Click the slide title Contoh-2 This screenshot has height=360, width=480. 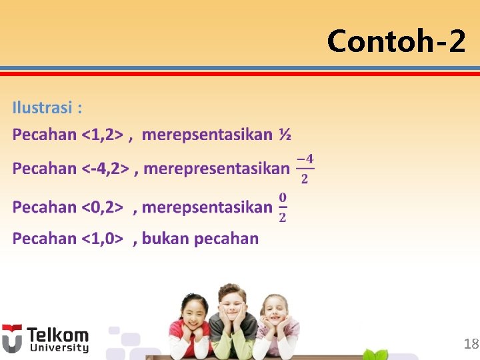point(396,41)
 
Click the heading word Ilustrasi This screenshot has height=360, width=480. point(43,107)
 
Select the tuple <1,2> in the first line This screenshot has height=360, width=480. point(102,135)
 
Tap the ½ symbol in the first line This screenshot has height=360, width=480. point(285,135)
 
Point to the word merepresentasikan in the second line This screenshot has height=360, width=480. point(217,168)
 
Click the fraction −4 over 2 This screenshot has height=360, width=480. point(305,168)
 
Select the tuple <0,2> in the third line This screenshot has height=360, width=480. point(102,207)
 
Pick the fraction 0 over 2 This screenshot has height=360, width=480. point(283,207)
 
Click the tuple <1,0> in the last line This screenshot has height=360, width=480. point(102,238)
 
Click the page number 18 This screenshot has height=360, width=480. point(471,344)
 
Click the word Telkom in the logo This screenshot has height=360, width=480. point(57,335)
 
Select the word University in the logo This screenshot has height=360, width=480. point(57,348)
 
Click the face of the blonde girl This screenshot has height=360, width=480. point(275,313)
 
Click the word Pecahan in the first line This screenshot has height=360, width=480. point(44,135)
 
